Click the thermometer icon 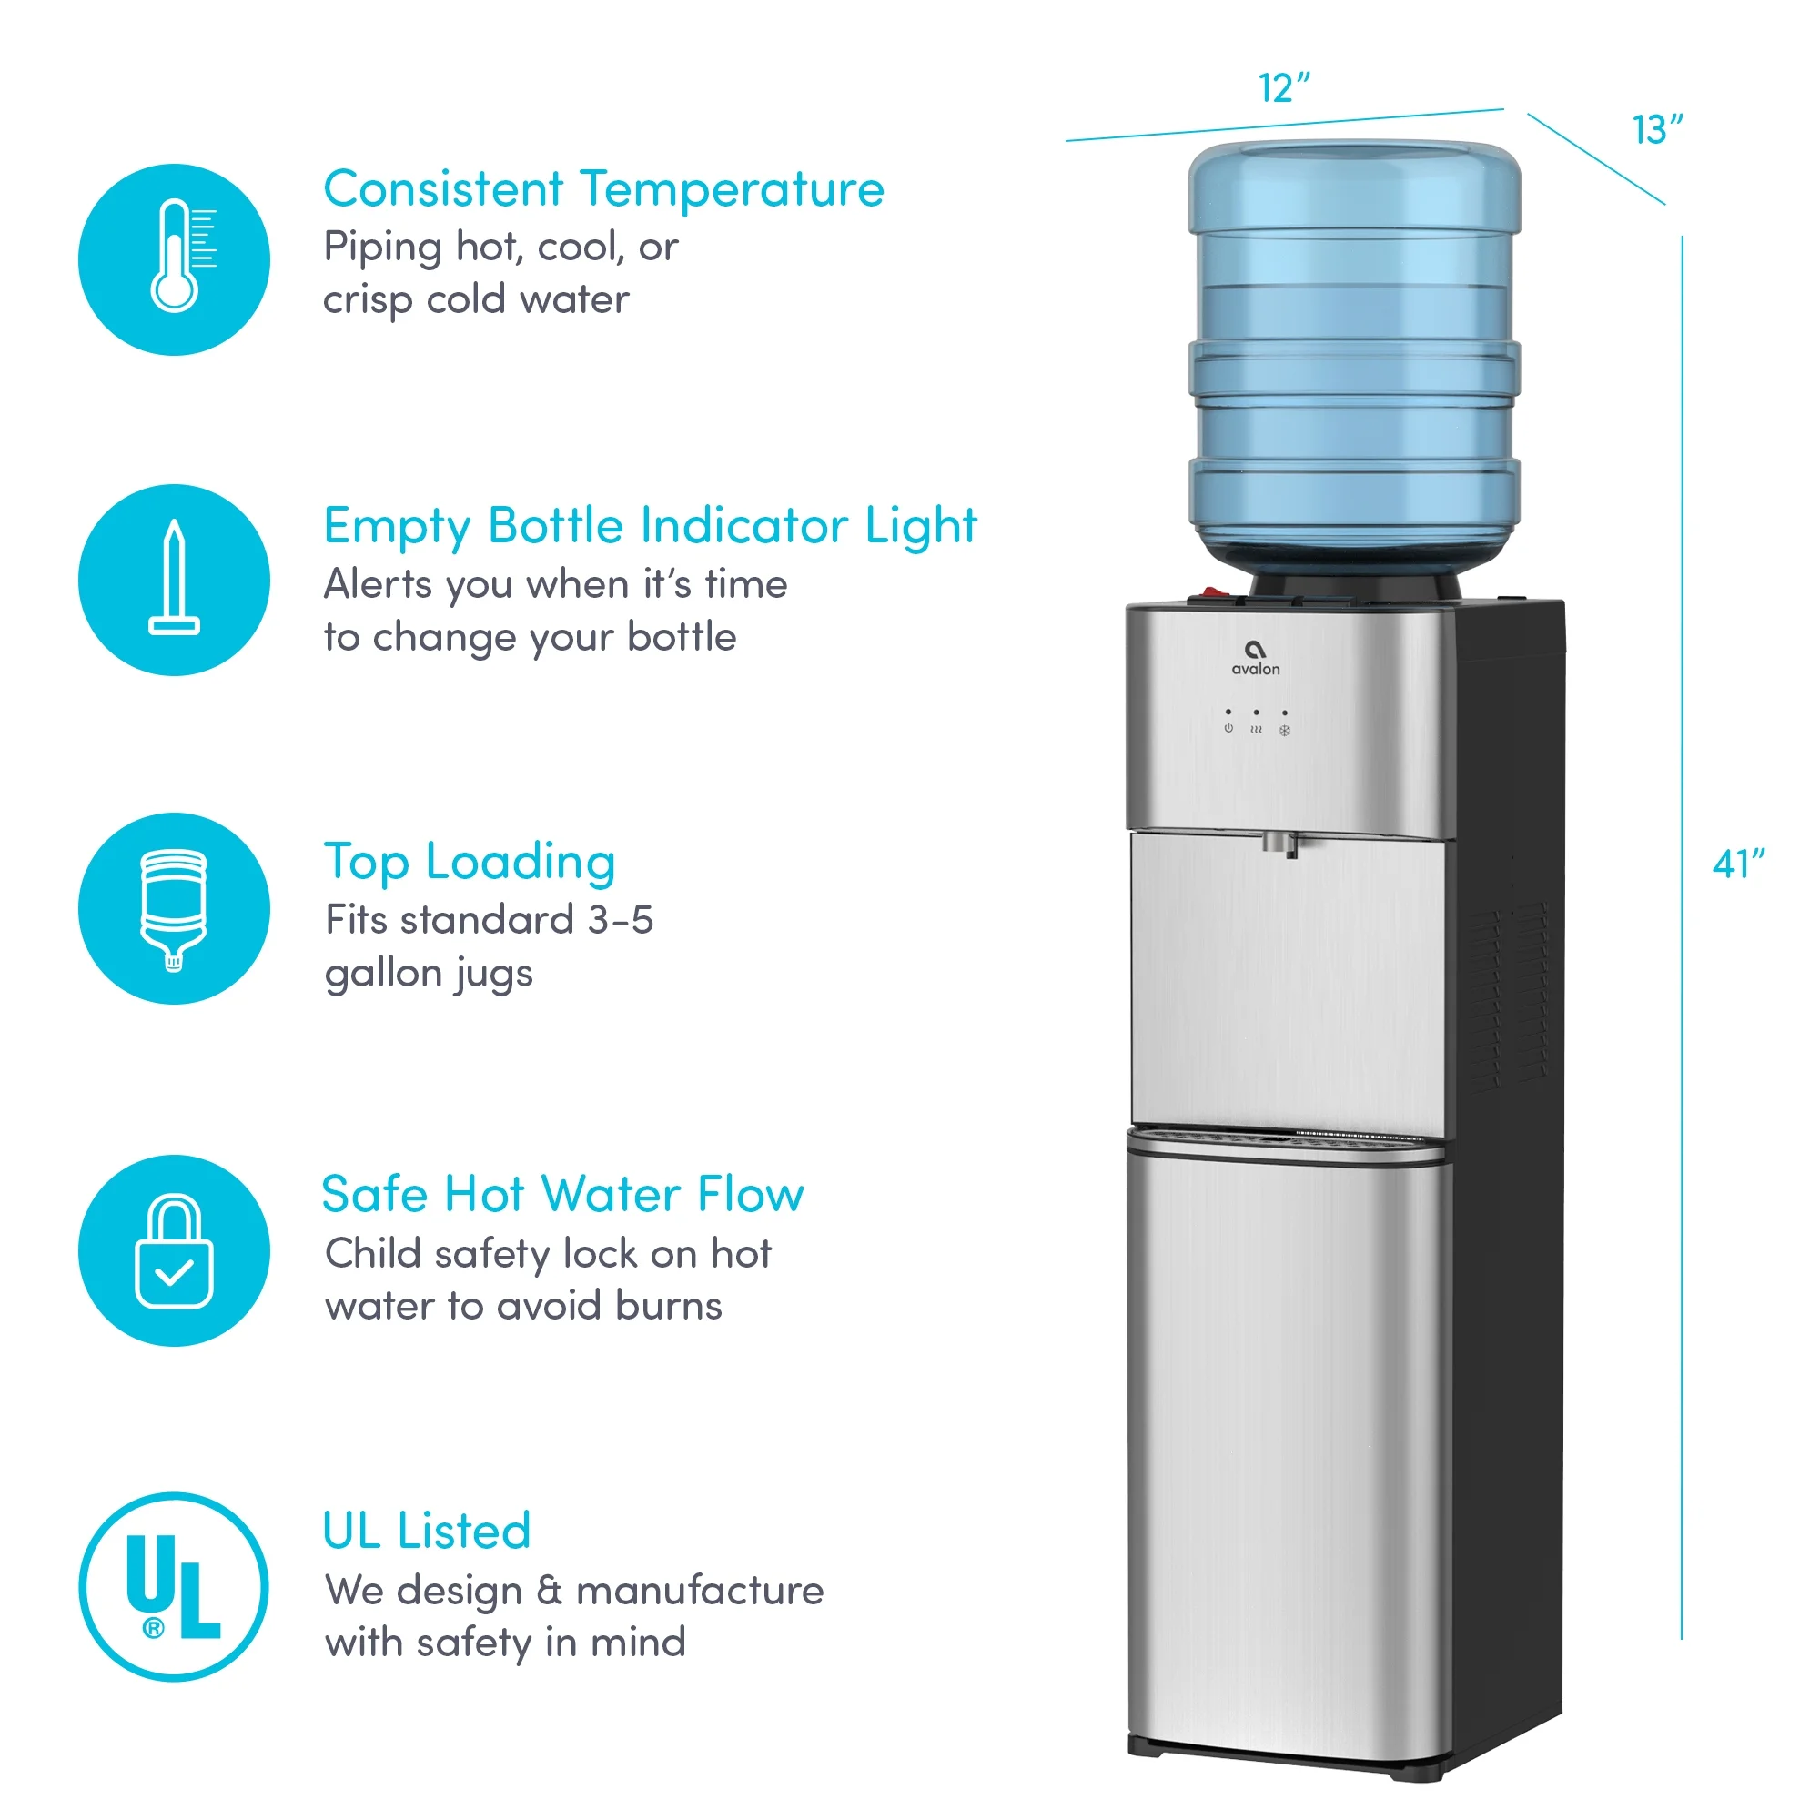click(x=176, y=259)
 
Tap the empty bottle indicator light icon click(x=175, y=580)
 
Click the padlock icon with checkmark click(x=175, y=1251)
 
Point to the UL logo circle click(x=175, y=1587)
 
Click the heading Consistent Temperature click(x=604, y=189)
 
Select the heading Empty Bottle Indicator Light click(x=650, y=526)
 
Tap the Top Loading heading click(x=470, y=862)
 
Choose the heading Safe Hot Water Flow click(x=562, y=1195)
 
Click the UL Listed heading click(x=427, y=1531)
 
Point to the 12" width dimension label click(x=1284, y=88)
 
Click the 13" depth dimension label click(x=1657, y=130)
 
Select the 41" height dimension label click(x=1738, y=864)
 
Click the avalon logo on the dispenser click(x=1256, y=658)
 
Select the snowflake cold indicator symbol click(x=1284, y=730)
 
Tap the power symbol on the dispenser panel click(x=1228, y=728)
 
